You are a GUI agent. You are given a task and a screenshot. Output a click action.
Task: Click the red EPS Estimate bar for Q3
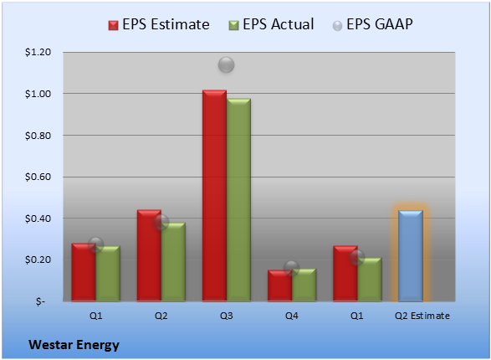coord(214,196)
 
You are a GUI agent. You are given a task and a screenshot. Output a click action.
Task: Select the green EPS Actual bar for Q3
coord(238,200)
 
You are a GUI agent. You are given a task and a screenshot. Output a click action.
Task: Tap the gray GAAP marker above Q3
coord(226,64)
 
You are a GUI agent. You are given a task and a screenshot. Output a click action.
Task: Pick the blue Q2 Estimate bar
coord(411,255)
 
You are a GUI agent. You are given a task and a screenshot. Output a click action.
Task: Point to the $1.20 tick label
coord(38,52)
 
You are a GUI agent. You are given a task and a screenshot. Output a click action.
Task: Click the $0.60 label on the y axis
coord(38,177)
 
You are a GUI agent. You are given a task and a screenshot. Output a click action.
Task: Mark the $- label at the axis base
coord(40,301)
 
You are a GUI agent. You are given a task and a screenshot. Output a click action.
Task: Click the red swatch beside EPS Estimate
coord(113,25)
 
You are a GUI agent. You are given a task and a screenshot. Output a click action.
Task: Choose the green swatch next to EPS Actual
coord(233,25)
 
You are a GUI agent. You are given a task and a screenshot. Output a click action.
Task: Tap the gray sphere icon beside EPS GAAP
coord(337,26)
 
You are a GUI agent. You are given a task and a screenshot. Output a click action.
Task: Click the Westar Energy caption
coord(74,345)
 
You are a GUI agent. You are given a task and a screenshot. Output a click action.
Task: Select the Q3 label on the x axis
coord(227,316)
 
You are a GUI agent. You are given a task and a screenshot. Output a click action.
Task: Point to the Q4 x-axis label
coord(292,316)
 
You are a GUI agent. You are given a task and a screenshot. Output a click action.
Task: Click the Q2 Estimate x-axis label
coord(422,316)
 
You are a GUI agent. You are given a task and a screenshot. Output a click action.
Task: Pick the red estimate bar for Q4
coord(279,285)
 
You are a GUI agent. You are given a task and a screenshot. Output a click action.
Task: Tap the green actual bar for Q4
coord(304,285)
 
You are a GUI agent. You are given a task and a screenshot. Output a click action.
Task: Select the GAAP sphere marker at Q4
coord(292,268)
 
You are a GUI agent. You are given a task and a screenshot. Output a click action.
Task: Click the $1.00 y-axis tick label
coord(38,94)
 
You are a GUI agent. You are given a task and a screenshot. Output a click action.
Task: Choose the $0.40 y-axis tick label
coord(38,219)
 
